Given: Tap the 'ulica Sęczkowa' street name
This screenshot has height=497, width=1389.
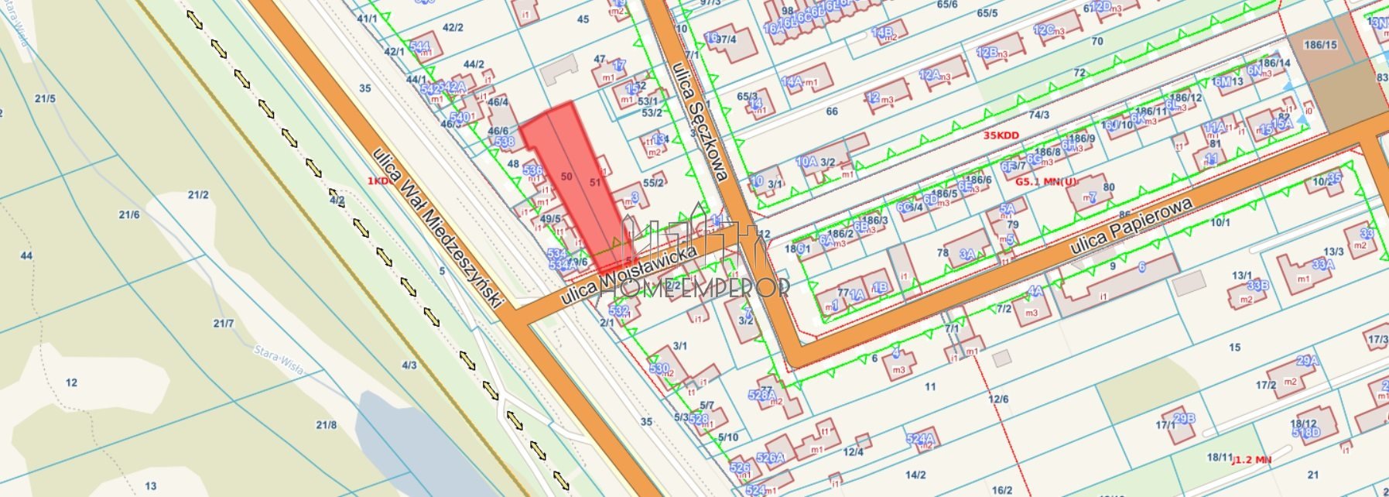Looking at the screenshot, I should tap(700, 122).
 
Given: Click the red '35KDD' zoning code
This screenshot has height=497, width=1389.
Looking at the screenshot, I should tap(1001, 135).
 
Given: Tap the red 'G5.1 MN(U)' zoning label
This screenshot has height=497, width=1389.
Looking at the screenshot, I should tap(1045, 182).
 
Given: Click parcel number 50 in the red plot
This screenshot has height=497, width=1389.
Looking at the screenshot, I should tap(566, 177).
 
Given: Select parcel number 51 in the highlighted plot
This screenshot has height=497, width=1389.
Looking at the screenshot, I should tap(595, 183).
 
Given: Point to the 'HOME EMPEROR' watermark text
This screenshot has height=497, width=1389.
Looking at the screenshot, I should tap(695, 288).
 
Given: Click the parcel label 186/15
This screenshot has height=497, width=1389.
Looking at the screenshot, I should tap(1320, 45).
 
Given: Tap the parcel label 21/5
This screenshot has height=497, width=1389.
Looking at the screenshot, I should tap(46, 98).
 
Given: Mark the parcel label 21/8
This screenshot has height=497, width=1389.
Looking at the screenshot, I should tap(327, 424).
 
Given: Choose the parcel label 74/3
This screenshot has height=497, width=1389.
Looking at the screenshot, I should tap(1038, 115).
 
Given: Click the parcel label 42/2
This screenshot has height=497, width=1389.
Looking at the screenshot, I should tap(453, 27).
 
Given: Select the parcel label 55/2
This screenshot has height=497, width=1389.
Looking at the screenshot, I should tap(653, 183).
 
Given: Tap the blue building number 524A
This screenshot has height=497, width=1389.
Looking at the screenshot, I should tap(919, 439).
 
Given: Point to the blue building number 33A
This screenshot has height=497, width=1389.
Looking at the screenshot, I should tap(1323, 264).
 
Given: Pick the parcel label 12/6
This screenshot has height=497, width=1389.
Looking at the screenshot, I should tap(998, 399).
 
